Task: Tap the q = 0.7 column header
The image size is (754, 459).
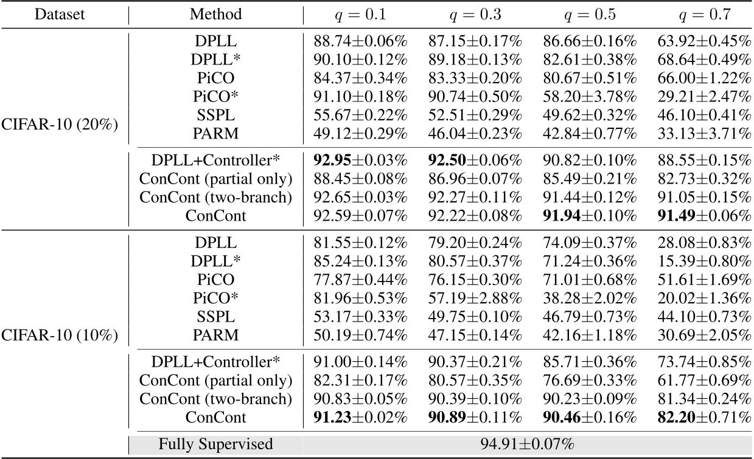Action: click(704, 14)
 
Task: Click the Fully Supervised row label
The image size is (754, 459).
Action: click(215, 444)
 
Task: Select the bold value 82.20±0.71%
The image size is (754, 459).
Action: click(704, 418)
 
